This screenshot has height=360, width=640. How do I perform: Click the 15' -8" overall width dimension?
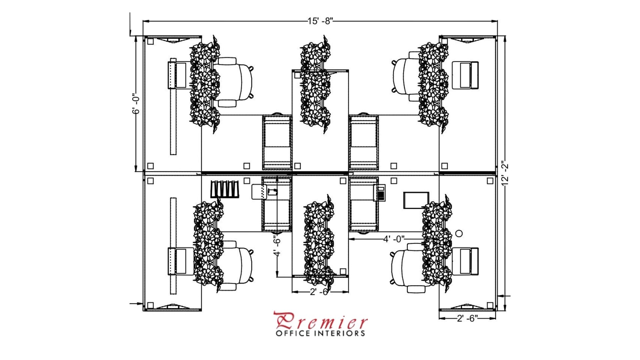point(320,21)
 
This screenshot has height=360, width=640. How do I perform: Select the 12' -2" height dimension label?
point(505,173)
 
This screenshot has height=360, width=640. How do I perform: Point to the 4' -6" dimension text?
point(277,246)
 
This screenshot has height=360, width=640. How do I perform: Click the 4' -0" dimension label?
point(394,239)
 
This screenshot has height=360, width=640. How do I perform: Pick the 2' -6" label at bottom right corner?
point(467,318)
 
